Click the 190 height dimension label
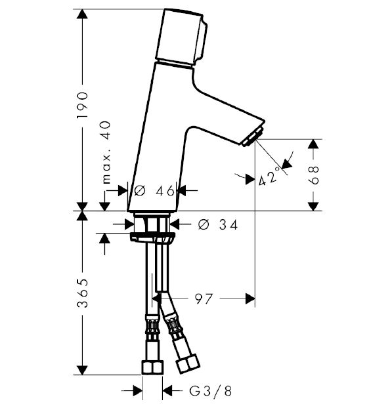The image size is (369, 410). click(x=82, y=105)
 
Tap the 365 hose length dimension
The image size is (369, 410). click(x=82, y=293)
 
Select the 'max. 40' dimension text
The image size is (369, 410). click(x=106, y=152)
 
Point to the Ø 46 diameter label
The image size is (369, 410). click(x=154, y=191)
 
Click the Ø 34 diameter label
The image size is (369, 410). click(x=218, y=224)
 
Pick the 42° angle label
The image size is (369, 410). click(x=269, y=176)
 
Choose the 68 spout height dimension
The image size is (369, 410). click(x=313, y=175)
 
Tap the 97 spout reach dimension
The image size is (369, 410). click(x=204, y=298)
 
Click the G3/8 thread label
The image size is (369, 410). click(x=210, y=392)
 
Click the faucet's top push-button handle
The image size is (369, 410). click(x=181, y=37)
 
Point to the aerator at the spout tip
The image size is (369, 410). click(x=252, y=136)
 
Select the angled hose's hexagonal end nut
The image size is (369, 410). click(x=188, y=363)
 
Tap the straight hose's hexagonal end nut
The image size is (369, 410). click(x=152, y=367)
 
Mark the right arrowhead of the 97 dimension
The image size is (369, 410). click(x=250, y=298)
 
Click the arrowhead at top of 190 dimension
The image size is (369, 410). click(x=82, y=14)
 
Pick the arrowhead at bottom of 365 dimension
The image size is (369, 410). click(x=82, y=370)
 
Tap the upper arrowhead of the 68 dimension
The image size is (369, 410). click(x=313, y=144)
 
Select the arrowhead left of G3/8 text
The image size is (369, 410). click(x=137, y=391)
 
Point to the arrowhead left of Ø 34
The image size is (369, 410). click(x=129, y=224)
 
